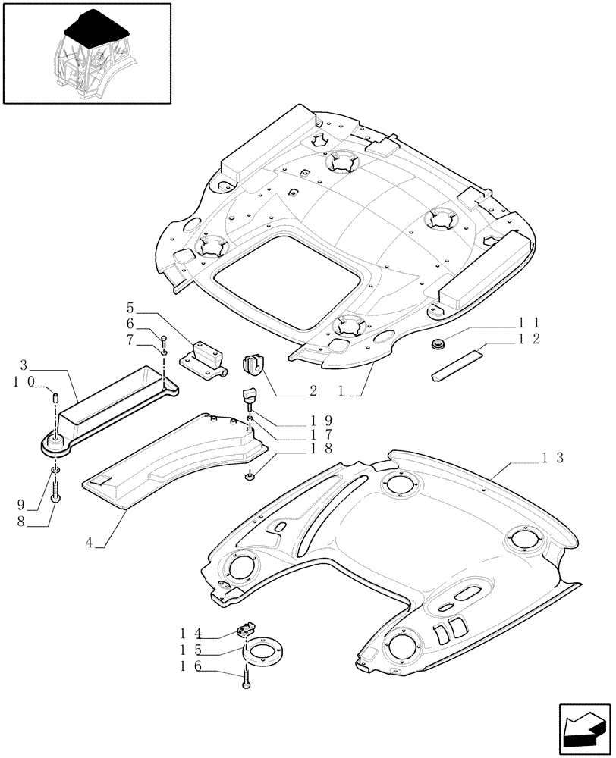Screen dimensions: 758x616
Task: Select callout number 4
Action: click(89, 543)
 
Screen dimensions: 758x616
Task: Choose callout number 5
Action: click(130, 309)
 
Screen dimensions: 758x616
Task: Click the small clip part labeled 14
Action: click(247, 628)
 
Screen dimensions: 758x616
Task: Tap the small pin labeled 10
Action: click(55, 396)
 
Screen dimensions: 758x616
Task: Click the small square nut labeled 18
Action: click(250, 476)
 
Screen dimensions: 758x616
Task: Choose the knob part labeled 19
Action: click(250, 396)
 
